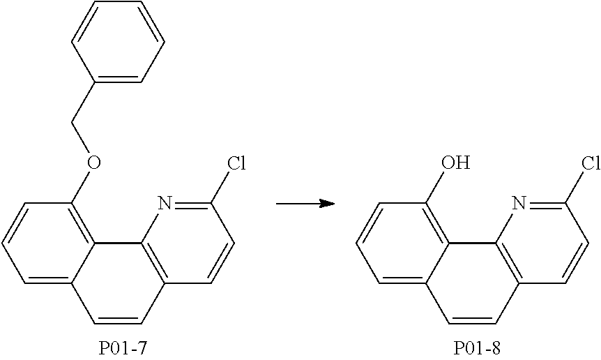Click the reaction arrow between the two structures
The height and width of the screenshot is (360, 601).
(305, 203)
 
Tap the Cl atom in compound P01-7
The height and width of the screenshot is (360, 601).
(237, 164)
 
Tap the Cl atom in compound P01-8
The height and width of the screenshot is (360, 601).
(591, 164)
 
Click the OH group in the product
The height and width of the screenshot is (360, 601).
(456, 164)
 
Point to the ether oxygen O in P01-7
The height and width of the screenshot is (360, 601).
(94, 164)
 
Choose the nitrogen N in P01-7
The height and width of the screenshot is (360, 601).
(165, 203)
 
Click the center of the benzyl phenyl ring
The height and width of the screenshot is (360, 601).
(119, 42)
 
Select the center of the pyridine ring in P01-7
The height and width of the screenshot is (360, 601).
(188, 244)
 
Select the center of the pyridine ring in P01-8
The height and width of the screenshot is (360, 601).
(542, 244)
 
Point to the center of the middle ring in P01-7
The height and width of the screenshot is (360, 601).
(119, 284)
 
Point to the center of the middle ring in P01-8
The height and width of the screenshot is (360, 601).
(473, 284)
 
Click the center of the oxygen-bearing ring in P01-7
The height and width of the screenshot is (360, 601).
(49, 244)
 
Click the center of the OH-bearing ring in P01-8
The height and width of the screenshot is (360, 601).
(403, 244)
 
